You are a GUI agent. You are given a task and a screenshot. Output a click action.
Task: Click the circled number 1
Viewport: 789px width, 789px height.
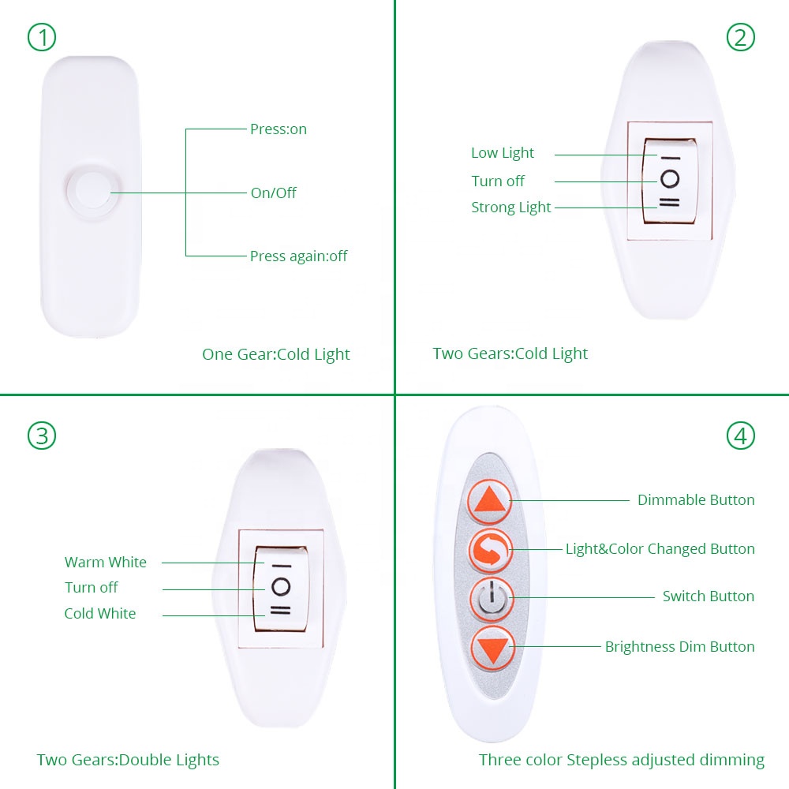pos(42,37)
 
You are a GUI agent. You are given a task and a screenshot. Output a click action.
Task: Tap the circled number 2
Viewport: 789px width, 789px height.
pos(741,37)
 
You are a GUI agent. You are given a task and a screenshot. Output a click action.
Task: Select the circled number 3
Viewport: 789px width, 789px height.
pos(42,436)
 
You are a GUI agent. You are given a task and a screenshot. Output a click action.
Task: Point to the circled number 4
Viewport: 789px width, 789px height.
pos(741,436)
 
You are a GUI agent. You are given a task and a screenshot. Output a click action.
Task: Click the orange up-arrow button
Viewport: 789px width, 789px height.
pos(490,502)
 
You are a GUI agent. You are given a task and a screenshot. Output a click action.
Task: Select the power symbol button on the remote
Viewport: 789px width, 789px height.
pos(492,600)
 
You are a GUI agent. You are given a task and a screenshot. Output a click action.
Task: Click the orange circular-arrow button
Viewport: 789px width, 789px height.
pos(491,551)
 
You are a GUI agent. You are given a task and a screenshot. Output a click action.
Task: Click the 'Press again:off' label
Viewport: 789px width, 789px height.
pos(298,256)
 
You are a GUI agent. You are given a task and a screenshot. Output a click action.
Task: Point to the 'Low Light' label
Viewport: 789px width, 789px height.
pos(502,153)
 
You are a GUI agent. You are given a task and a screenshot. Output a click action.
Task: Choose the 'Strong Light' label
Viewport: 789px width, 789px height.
pos(510,208)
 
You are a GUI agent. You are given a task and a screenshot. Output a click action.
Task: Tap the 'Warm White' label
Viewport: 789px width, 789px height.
pos(106,562)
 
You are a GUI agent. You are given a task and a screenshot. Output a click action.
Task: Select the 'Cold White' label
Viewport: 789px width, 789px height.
pos(100,613)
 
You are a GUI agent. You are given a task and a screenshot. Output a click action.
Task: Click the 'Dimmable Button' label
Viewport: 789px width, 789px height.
pos(696,500)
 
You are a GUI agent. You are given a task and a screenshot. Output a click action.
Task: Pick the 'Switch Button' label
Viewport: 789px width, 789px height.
pos(708,596)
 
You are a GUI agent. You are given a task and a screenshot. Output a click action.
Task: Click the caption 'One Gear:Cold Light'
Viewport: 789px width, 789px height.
pos(275,355)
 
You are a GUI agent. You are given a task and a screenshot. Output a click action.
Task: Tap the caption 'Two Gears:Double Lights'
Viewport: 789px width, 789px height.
pos(128,760)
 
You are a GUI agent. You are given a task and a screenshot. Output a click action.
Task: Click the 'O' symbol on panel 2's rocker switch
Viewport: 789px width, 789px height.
pos(670,179)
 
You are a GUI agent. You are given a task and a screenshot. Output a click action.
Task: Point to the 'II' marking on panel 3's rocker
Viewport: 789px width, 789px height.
pos(280,611)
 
